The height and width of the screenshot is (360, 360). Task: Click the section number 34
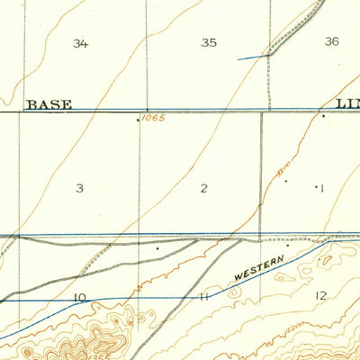click(81, 43)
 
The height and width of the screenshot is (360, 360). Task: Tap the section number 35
click(210, 42)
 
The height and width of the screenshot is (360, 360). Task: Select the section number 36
click(332, 41)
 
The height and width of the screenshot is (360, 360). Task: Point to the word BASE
click(49, 104)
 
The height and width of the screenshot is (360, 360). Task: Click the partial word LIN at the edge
click(347, 104)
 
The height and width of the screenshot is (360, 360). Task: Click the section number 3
click(80, 188)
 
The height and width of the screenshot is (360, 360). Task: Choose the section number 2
click(204, 188)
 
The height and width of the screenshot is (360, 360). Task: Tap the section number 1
click(319, 187)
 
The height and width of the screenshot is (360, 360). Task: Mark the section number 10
click(80, 296)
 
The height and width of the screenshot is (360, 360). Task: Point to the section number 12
click(321, 295)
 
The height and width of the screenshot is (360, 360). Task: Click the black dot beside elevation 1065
click(137, 118)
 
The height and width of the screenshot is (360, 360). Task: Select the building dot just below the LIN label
click(323, 115)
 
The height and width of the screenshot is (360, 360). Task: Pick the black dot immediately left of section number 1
click(286, 181)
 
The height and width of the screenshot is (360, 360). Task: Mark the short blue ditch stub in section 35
click(253, 58)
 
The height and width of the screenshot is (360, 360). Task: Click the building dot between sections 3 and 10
click(157, 246)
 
